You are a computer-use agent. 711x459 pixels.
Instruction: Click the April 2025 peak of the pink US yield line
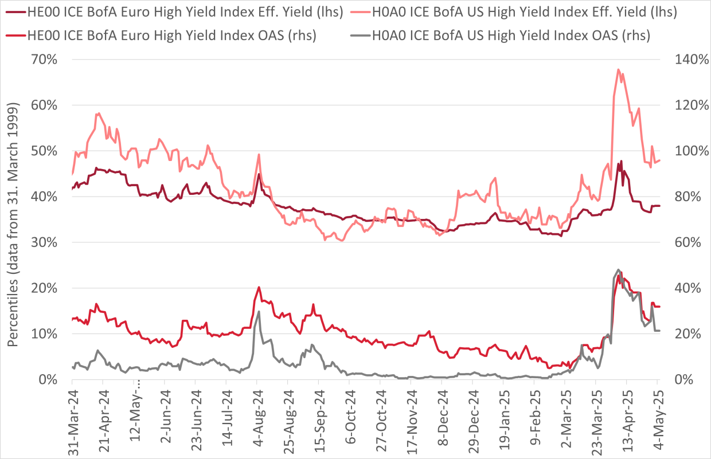click(x=618, y=69)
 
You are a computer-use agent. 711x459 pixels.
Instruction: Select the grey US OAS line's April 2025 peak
click(x=618, y=269)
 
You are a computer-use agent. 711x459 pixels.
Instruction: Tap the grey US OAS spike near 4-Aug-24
click(x=259, y=312)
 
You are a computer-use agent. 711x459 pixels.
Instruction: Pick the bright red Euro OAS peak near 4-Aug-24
click(x=259, y=287)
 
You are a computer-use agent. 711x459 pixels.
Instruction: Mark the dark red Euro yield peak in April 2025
click(x=620, y=162)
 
